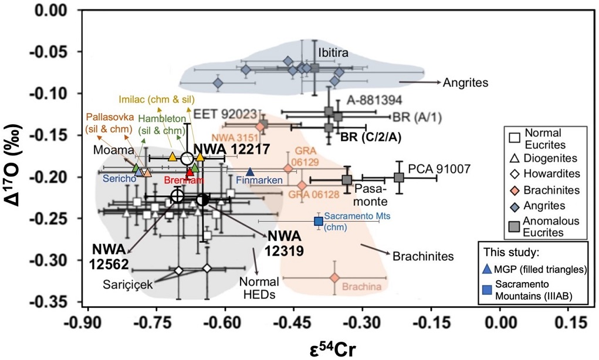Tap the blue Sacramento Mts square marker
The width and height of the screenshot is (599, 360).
coord(318,221)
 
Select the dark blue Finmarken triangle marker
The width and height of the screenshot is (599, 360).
coord(250,172)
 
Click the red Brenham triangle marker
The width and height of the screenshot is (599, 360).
coord(189,172)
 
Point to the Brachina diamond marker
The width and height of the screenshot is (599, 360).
coord(335,277)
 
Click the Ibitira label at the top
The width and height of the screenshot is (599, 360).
coord(333,53)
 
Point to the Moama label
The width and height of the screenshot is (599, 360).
coord(106,151)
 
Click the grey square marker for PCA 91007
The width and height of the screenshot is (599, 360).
coord(399,177)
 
